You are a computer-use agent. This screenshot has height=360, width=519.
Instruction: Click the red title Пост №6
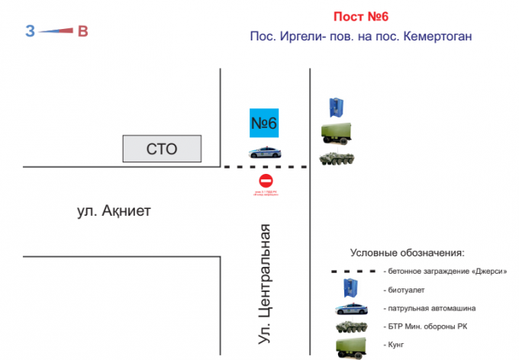click(362, 17)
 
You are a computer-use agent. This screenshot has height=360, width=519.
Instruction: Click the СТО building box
click(163, 149)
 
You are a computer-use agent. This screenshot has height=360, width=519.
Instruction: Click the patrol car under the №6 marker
click(264, 152)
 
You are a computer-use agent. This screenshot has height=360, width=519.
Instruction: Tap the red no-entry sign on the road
click(266, 181)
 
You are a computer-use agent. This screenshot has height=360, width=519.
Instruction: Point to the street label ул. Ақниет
click(114, 210)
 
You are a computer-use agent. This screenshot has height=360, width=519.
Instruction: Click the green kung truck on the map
click(338, 133)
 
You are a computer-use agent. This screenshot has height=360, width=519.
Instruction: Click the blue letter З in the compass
click(30, 31)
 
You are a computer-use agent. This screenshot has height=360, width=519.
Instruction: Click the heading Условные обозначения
click(407, 252)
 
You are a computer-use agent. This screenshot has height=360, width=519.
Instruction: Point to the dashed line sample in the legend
click(352, 271)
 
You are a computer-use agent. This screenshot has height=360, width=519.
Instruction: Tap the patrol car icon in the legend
click(352, 309)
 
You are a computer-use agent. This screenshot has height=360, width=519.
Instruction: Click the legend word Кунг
click(395, 346)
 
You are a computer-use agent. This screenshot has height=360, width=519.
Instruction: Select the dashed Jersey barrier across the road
click(264, 166)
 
